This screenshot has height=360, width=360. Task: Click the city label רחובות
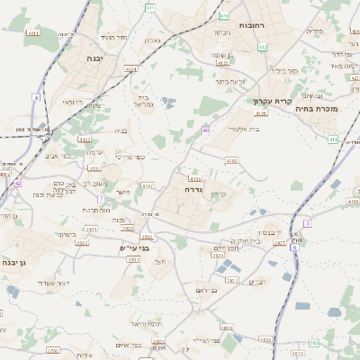click(x=253, y=26)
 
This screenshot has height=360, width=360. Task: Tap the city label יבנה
click(x=93, y=58)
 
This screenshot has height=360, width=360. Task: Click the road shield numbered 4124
click(x=131, y=68)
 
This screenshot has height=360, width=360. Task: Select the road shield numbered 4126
click(x=262, y=114)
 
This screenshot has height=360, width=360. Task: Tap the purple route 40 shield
click(x=206, y=130)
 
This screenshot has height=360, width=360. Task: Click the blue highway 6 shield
click(x=293, y=247)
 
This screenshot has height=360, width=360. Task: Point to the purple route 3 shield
click(x=307, y=223)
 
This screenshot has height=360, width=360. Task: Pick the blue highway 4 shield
click(x=38, y=96)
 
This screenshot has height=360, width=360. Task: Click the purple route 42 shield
click(x=17, y=183)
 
